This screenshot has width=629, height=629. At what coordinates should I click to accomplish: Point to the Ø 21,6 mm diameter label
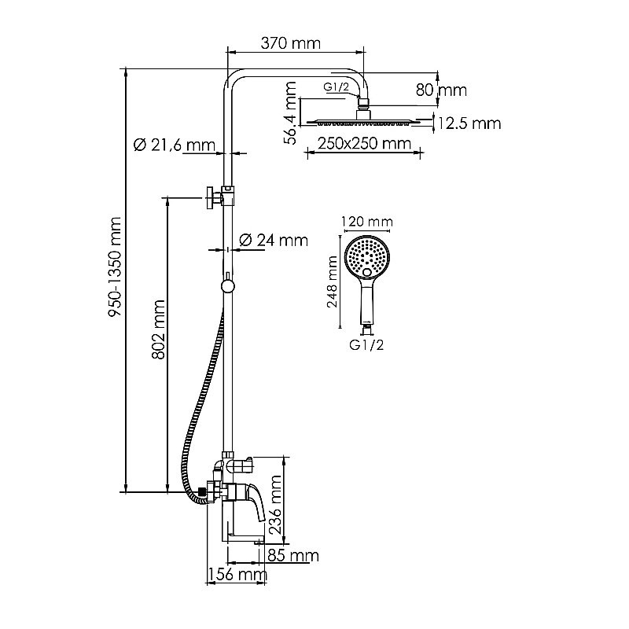(x=174, y=145)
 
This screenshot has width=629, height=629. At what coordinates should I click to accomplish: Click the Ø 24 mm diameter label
(x=272, y=240)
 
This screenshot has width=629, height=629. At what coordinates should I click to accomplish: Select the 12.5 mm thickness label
(x=469, y=123)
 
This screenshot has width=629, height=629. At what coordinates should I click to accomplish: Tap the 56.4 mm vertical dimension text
(x=291, y=112)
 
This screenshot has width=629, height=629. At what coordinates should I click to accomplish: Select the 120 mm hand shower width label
(x=368, y=223)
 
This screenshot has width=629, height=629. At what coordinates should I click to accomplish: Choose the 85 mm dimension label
(x=292, y=556)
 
